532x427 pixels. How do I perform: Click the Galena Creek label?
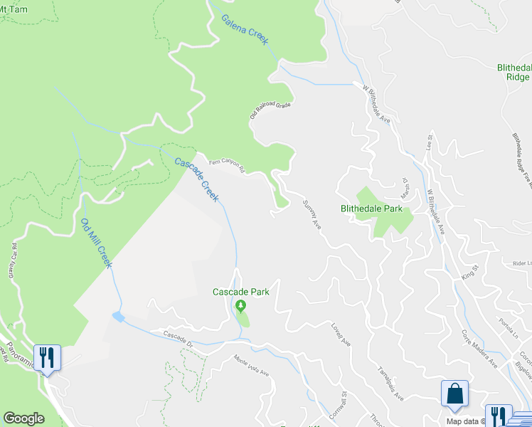pyautogui.click(x=244, y=29)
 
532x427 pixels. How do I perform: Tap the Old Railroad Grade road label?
pyautogui.click(x=270, y=110)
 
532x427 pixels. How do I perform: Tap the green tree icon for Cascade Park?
pyautogui.click(x=241, y=307)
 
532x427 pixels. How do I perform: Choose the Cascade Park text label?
pyautogui.click(x=241, y=292)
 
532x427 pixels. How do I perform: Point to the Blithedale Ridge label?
pyautogui.click(x=513, y=73)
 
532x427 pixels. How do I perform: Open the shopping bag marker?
pyautogui.click(x=454, y=395)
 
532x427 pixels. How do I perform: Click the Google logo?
pyautogui.click(x=23, y=418)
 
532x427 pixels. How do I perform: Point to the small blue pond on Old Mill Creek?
pyautogui.click(x=117, y=315)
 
